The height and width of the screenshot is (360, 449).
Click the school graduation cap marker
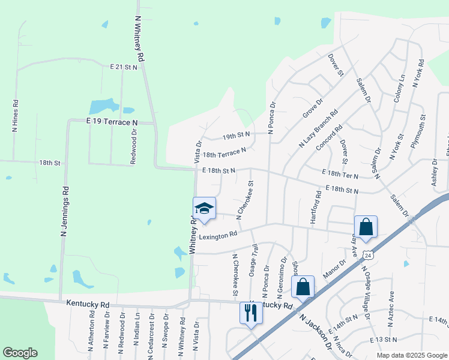click(x=204, y=209)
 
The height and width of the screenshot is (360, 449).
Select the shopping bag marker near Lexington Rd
click(x=365, y=227)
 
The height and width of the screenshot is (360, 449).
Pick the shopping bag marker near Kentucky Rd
click(x=303, y=287)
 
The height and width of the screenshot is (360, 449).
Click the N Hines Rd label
click(x=15, y=116)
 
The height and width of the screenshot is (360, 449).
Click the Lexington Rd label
click(x=218, y=236)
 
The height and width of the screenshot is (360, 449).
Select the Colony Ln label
click(x=399, y=89)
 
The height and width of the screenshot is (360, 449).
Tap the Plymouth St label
click(x=418, y=131)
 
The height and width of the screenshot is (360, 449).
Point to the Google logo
click(x=20, y=353)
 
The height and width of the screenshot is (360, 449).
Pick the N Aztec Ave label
click(x=391, y=308)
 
